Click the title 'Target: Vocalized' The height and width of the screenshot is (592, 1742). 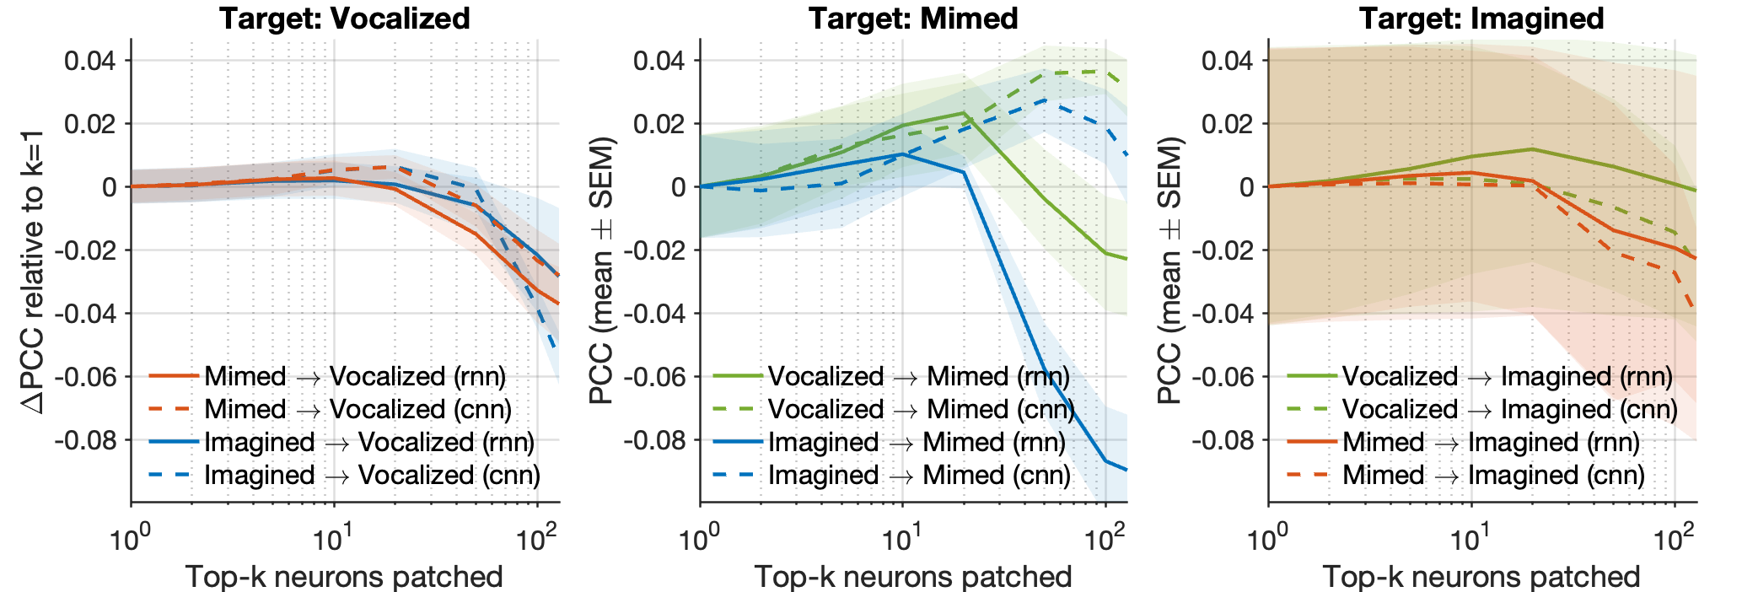coord(345,19)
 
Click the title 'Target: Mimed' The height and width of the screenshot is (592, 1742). coord(913,19)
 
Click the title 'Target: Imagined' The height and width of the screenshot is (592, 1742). coord(1481,19)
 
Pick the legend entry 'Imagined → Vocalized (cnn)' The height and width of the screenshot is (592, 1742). coord(371,475)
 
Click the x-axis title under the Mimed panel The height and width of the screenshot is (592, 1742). coord(913,577)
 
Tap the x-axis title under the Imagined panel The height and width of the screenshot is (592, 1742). coord(1481,577)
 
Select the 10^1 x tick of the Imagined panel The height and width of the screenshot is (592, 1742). coord(1470,536)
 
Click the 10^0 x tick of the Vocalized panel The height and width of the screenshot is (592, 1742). coord(131,536)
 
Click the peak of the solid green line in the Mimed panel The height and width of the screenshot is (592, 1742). coord(964,113)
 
